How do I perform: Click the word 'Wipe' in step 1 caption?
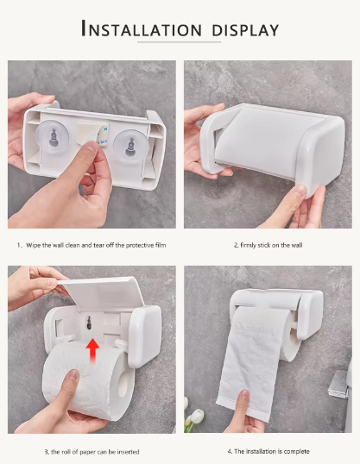coord(35,246)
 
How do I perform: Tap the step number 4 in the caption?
coord(230,451)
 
